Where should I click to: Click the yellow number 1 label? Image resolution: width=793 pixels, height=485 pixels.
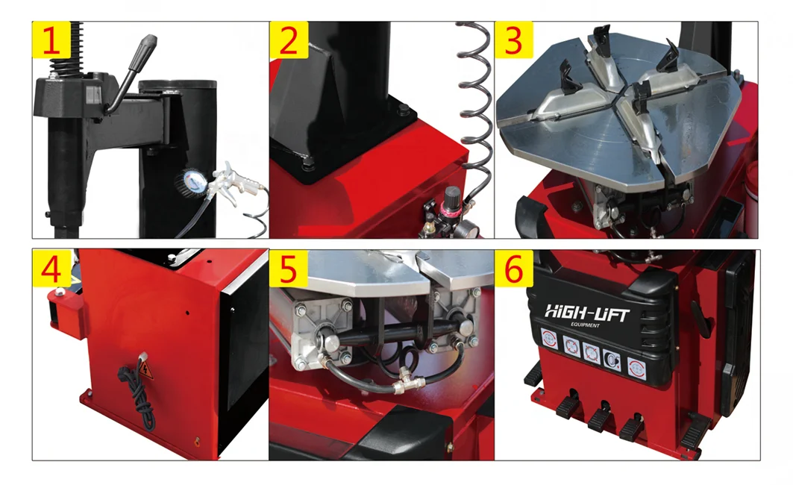(51, 40)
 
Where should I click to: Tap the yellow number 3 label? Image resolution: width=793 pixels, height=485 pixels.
(513, 40)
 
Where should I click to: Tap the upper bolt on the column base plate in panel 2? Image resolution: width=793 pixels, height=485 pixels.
(404, 111)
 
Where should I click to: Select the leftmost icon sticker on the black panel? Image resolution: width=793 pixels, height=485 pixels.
(548, 339)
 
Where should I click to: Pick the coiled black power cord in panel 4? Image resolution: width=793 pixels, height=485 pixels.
(142, 399)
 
